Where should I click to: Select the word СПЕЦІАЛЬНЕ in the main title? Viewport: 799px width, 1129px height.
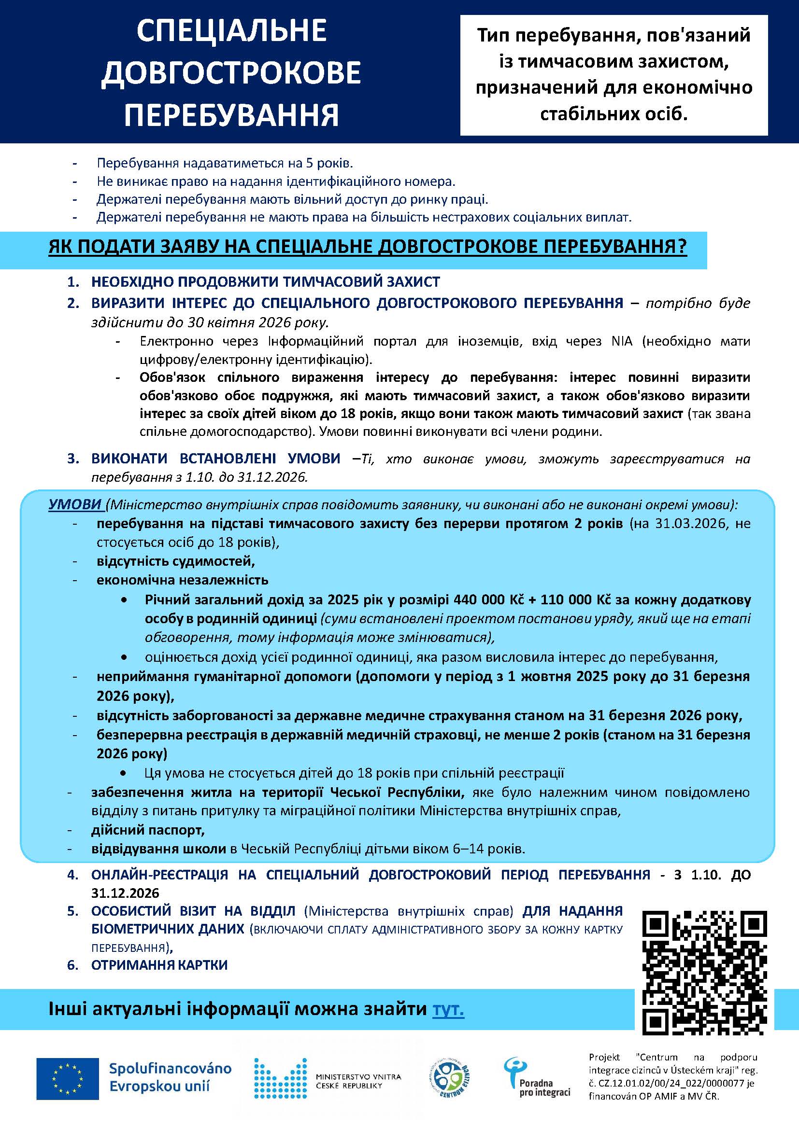click(232, 30)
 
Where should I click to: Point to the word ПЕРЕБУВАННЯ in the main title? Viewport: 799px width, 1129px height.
click(231, 115)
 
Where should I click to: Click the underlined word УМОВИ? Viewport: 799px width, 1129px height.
click(75, 505)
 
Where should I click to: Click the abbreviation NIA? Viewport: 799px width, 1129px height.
click(622, 341)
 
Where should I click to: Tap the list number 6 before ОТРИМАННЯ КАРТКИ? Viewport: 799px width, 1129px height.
click(73, 965)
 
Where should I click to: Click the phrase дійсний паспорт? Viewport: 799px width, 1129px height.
click(148, 830)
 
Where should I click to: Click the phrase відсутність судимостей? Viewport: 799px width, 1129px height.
click(176, 561)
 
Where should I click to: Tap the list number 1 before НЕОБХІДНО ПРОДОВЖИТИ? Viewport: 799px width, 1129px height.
click(73, 282)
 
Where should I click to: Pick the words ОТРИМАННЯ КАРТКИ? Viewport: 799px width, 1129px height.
click(159, 965)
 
